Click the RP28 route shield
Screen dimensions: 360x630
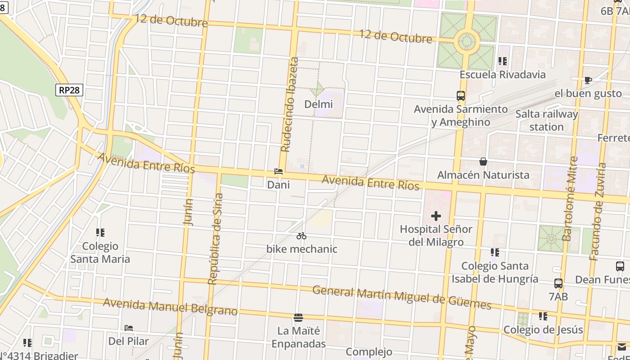click(x=69, y=90)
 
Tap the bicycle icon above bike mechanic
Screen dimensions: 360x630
click(x=301, y=236)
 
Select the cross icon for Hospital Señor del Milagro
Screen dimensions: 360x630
click(x=436, y=216)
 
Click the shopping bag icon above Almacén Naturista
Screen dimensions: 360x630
click(x=483, y=162)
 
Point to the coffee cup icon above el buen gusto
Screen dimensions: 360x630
click(x=588, y=81)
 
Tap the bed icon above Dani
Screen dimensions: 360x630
click(x=279, y=172)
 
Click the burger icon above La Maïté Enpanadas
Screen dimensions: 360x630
click(x=298, y=318)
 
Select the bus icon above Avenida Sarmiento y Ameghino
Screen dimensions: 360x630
click(x=461, y=96)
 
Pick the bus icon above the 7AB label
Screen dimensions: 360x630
click(x=558, y=283)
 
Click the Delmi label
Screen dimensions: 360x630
click(x=319, y=104)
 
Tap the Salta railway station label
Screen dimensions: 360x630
click(x=546, y=120)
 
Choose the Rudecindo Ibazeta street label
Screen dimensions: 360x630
click(x=290, y=104)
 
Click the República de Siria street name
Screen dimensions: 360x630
click(x=215, y=239)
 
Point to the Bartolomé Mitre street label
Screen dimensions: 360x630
click(x=570, y=198)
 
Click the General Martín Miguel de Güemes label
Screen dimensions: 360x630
click(x=402, y=297)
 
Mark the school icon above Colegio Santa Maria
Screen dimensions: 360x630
click(x=100, y=233)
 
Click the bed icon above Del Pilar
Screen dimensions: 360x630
click(x=129, y=328)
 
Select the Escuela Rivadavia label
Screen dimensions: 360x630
click(x=503, y=74)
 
